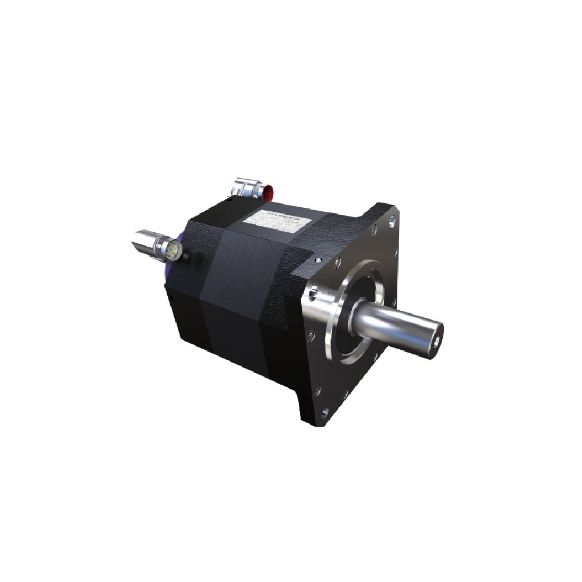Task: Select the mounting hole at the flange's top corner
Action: (x=392, y=220)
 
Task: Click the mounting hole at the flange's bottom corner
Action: (x=324, y=414)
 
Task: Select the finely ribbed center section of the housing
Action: (x=239, y=274)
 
